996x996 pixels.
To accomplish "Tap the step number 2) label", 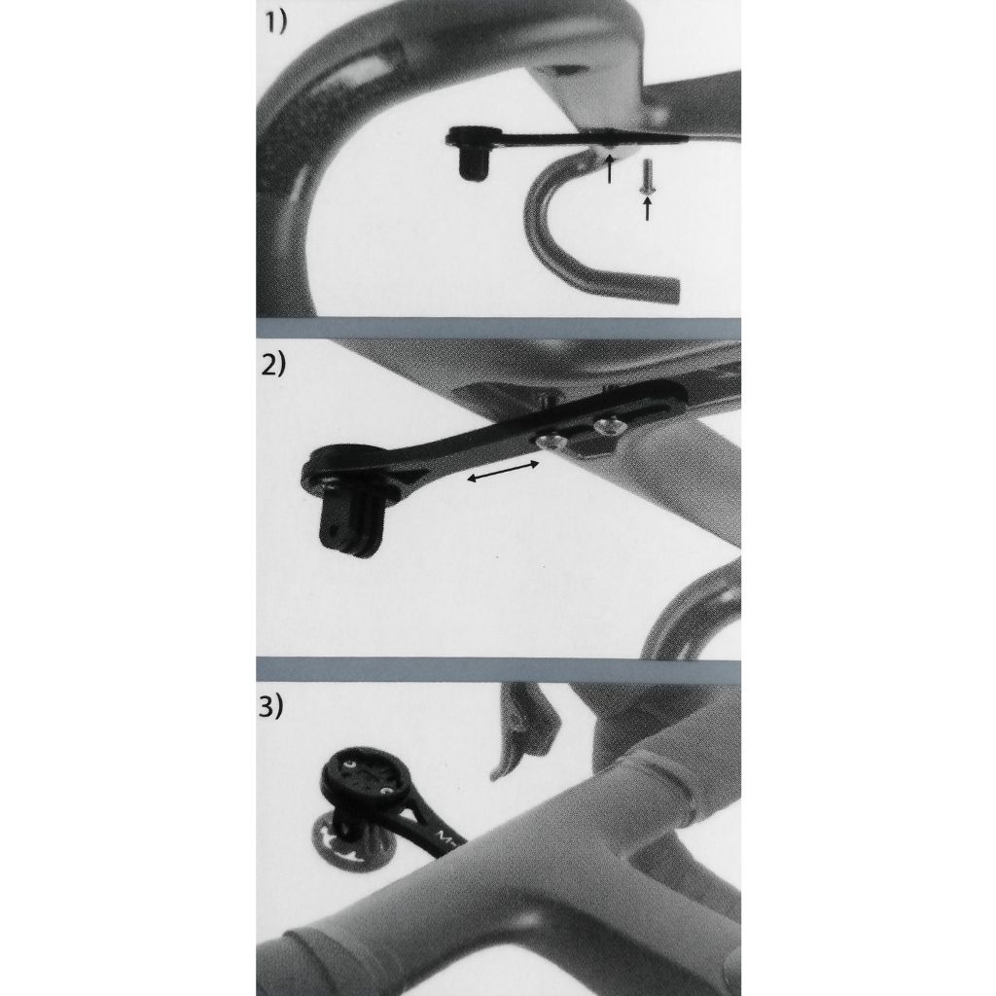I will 275,367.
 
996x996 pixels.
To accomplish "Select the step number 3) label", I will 275,707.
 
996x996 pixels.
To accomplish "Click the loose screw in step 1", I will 647,177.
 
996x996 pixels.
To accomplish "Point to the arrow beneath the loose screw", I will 647,207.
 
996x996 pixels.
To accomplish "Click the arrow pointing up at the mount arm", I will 609,169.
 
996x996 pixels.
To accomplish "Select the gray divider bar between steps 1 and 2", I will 498,328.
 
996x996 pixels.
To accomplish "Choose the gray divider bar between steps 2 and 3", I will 498,669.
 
